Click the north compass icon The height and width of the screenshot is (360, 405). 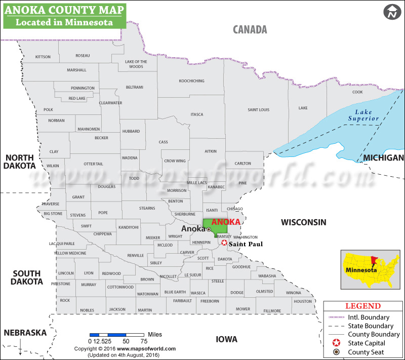[x=391, y=12]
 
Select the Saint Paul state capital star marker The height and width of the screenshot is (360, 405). [x=224, y=243]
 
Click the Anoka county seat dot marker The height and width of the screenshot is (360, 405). [x=208, y=229]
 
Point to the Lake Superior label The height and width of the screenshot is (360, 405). [x=363, y=115]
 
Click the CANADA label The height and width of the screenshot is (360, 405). [x=250, y=29]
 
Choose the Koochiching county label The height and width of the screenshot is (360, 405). [x=191, y=81]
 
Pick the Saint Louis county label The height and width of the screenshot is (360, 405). [x=258, y=110]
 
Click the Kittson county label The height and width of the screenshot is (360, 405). [x=43, y=57]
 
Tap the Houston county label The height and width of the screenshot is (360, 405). [x=303, y=301]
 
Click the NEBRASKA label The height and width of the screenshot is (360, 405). [x=25, y=333]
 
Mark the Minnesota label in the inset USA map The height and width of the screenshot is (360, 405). [x=361, y=270]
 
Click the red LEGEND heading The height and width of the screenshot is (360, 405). [x=363, y=306]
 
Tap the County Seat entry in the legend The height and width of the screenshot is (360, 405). [x=366, y=352]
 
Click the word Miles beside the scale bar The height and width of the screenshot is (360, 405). [x=155, y=335]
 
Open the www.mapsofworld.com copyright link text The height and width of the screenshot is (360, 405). [x=146, y=348]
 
